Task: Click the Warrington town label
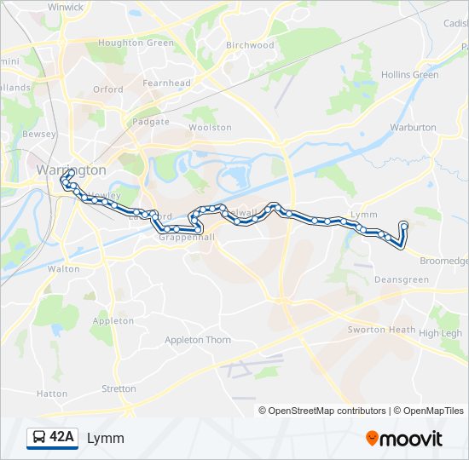pos(72,170)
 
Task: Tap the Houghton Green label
pos(136,43)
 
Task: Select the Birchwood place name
pos(250,45)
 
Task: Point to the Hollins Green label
pos(410,75)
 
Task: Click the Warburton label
pos(413,127)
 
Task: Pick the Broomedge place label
pos(444,261)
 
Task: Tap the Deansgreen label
pos(402,279)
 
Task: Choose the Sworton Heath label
pos(381,330)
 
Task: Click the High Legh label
pos(440,333)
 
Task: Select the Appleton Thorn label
pos(198,340)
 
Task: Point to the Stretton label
pos(119,388)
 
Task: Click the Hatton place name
pos(51,394)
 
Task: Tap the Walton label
pos(63,268)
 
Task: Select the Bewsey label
pos(39,135)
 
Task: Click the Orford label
pos(108,89)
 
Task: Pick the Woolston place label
pos(210,128)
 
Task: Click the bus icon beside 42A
pos(39,438)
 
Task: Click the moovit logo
pos(404,439)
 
